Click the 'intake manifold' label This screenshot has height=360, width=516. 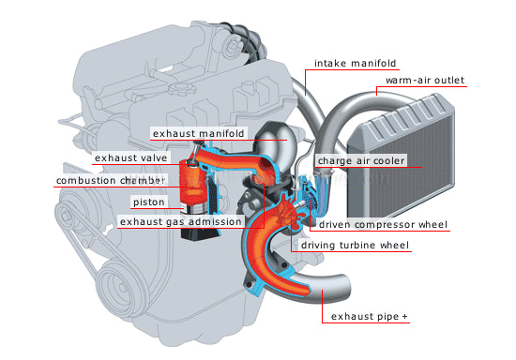click(x=355, y=63)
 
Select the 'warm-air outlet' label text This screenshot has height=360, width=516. click(x=424, y=80)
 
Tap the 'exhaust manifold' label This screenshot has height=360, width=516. click(x=198, y=133)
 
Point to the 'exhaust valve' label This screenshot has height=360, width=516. click(x=130, y=158)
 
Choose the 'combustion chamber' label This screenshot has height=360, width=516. click(x=111, y=181)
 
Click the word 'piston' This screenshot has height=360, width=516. click(x=149, y=202)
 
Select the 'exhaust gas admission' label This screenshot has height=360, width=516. click(x=180, y=221)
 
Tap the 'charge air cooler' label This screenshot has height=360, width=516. click(x=361, y=160)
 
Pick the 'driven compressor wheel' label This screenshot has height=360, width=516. click(x=383, y=225)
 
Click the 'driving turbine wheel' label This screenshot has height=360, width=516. click(x=355, y=246)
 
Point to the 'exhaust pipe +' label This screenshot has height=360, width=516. click(x=370, y=316)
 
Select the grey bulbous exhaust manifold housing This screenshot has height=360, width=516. click(x=276, y=142)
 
